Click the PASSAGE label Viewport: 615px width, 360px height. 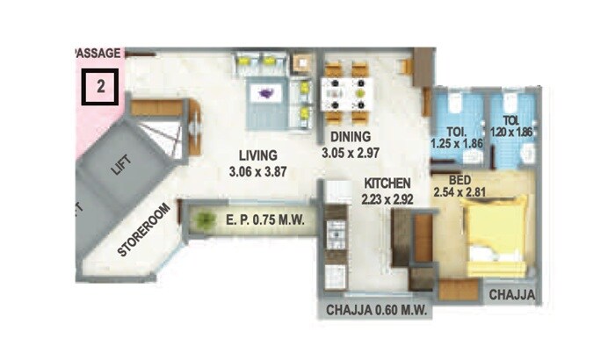pos(98,54)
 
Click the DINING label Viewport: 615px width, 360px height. pos(351,137)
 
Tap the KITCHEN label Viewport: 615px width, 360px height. pos(387,184)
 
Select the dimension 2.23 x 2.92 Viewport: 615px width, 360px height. pos(387,198)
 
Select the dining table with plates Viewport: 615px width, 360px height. pos(346,89)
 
